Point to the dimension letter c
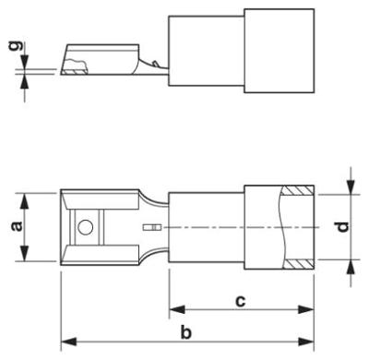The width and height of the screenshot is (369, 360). [x=239, y=300]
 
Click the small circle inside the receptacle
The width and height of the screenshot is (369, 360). [x=85, y=227]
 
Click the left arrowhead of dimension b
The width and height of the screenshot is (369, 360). [x=66, y=344]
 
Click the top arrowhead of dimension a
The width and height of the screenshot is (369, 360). [x=24, y=197]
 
